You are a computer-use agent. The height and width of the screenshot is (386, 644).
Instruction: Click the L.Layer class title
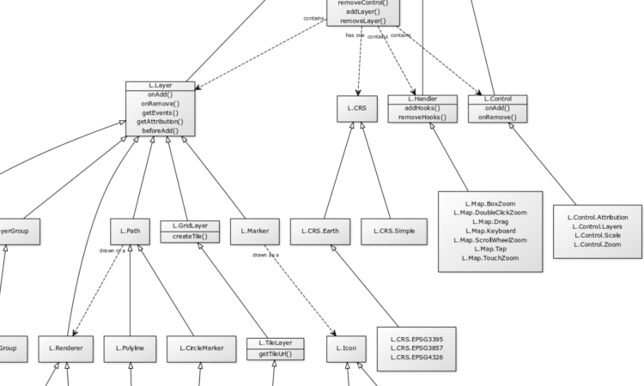coord(161,86)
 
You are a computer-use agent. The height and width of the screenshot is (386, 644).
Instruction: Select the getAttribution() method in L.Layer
coord(161,122)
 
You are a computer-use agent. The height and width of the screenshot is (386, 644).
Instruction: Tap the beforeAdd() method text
coord(161,130)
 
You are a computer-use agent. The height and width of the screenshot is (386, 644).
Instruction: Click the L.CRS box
coord(357,108)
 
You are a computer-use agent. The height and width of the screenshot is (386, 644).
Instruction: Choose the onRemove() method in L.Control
coord(497,117)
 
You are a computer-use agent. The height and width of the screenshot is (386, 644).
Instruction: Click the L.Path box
coord(131,231)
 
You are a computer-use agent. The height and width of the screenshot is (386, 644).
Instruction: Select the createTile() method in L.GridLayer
coord(190,236)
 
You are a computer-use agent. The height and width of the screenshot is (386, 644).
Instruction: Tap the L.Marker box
coord(255,231)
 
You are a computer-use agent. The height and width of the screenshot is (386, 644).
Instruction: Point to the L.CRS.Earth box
coord(320,231)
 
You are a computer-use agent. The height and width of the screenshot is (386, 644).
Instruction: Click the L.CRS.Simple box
coord(394,231)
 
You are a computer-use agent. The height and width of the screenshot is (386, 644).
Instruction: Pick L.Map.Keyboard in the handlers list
coord(489,231)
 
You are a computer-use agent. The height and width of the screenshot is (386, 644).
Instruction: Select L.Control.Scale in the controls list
coord(598,235)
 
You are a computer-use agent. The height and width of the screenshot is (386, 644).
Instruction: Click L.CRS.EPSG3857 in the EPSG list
coord(416,348)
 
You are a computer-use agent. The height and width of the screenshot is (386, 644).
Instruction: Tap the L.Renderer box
coord(65,348)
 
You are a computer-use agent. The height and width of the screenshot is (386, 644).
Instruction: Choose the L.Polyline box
coord(130,348)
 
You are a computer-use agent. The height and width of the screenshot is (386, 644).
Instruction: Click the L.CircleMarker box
coord(202,348)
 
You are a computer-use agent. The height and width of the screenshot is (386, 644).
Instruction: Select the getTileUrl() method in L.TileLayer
coord(276,353)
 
